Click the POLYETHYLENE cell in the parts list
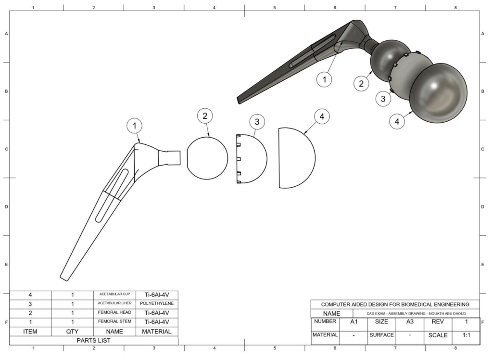[157, 304]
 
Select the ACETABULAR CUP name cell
[114, 295]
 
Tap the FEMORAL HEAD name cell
[114, 312]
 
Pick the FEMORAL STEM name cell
[114, 321]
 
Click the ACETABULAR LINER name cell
[114, 303]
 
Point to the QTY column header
[72, 332]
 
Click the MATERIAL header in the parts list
[157, 332]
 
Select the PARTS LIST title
[93, 341]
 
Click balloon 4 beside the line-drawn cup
[322, 116]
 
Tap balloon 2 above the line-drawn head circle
[205, 116]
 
